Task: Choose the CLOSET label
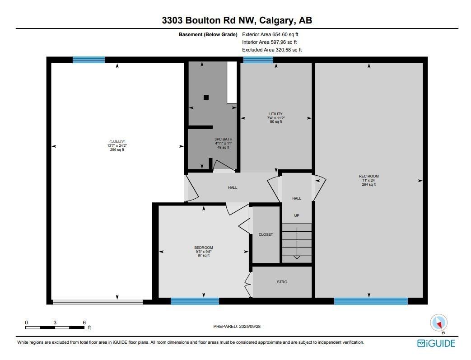tap(266, 234)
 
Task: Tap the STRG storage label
tap(282, 282)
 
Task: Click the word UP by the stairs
tap(297, 215)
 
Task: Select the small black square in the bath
tap(206, 97)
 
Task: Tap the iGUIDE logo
tap(436, 343)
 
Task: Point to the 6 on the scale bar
tap(84, 323)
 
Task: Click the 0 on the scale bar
tap(26, 323)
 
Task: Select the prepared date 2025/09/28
tap(250, 326)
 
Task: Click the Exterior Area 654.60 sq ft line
tap(270, 34)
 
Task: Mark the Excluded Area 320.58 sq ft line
tap(272, 50)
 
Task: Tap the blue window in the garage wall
tap(89, 60)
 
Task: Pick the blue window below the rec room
tap(371, 301)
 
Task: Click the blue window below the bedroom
tap(195, 301)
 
